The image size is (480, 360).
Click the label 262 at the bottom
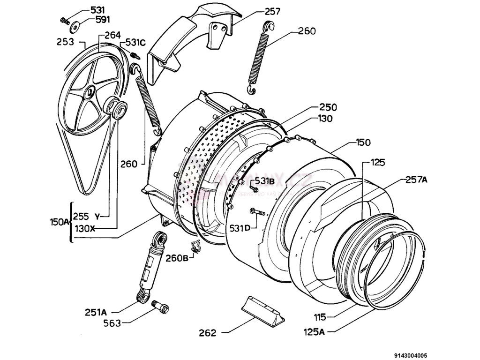click(207, 333)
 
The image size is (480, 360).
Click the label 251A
click(97, 312)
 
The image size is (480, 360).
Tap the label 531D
click(240, 228)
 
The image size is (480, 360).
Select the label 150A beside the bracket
click(59, 221)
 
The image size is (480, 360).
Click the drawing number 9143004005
click(407, 355)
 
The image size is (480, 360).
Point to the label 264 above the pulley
click(112, 35)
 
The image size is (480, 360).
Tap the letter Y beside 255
click(97, 216)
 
